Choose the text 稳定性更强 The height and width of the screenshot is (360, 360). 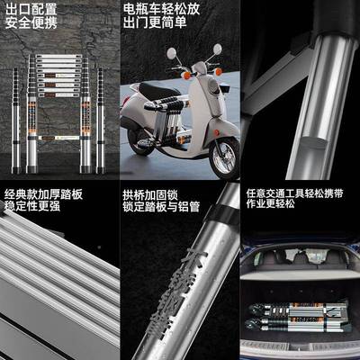pyautogui.click(x=32, y=208)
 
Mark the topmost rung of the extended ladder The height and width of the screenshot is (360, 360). pyautogui.click(x=63, y=58)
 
